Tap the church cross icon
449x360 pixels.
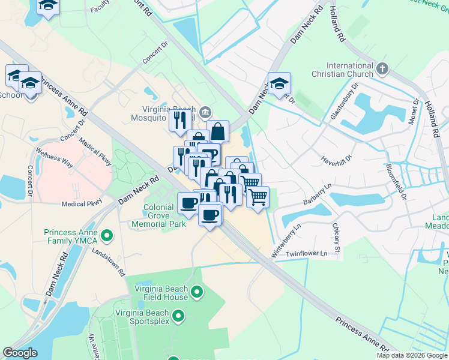point(382,69)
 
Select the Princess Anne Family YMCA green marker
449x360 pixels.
point(107,235)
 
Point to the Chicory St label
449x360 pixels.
point(336,238)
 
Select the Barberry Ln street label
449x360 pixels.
point(318,196)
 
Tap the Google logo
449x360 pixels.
point(20,353)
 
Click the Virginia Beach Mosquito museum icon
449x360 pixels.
point(205,111)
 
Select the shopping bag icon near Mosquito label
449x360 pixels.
point(218,130)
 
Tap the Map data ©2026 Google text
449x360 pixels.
point(411,355)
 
